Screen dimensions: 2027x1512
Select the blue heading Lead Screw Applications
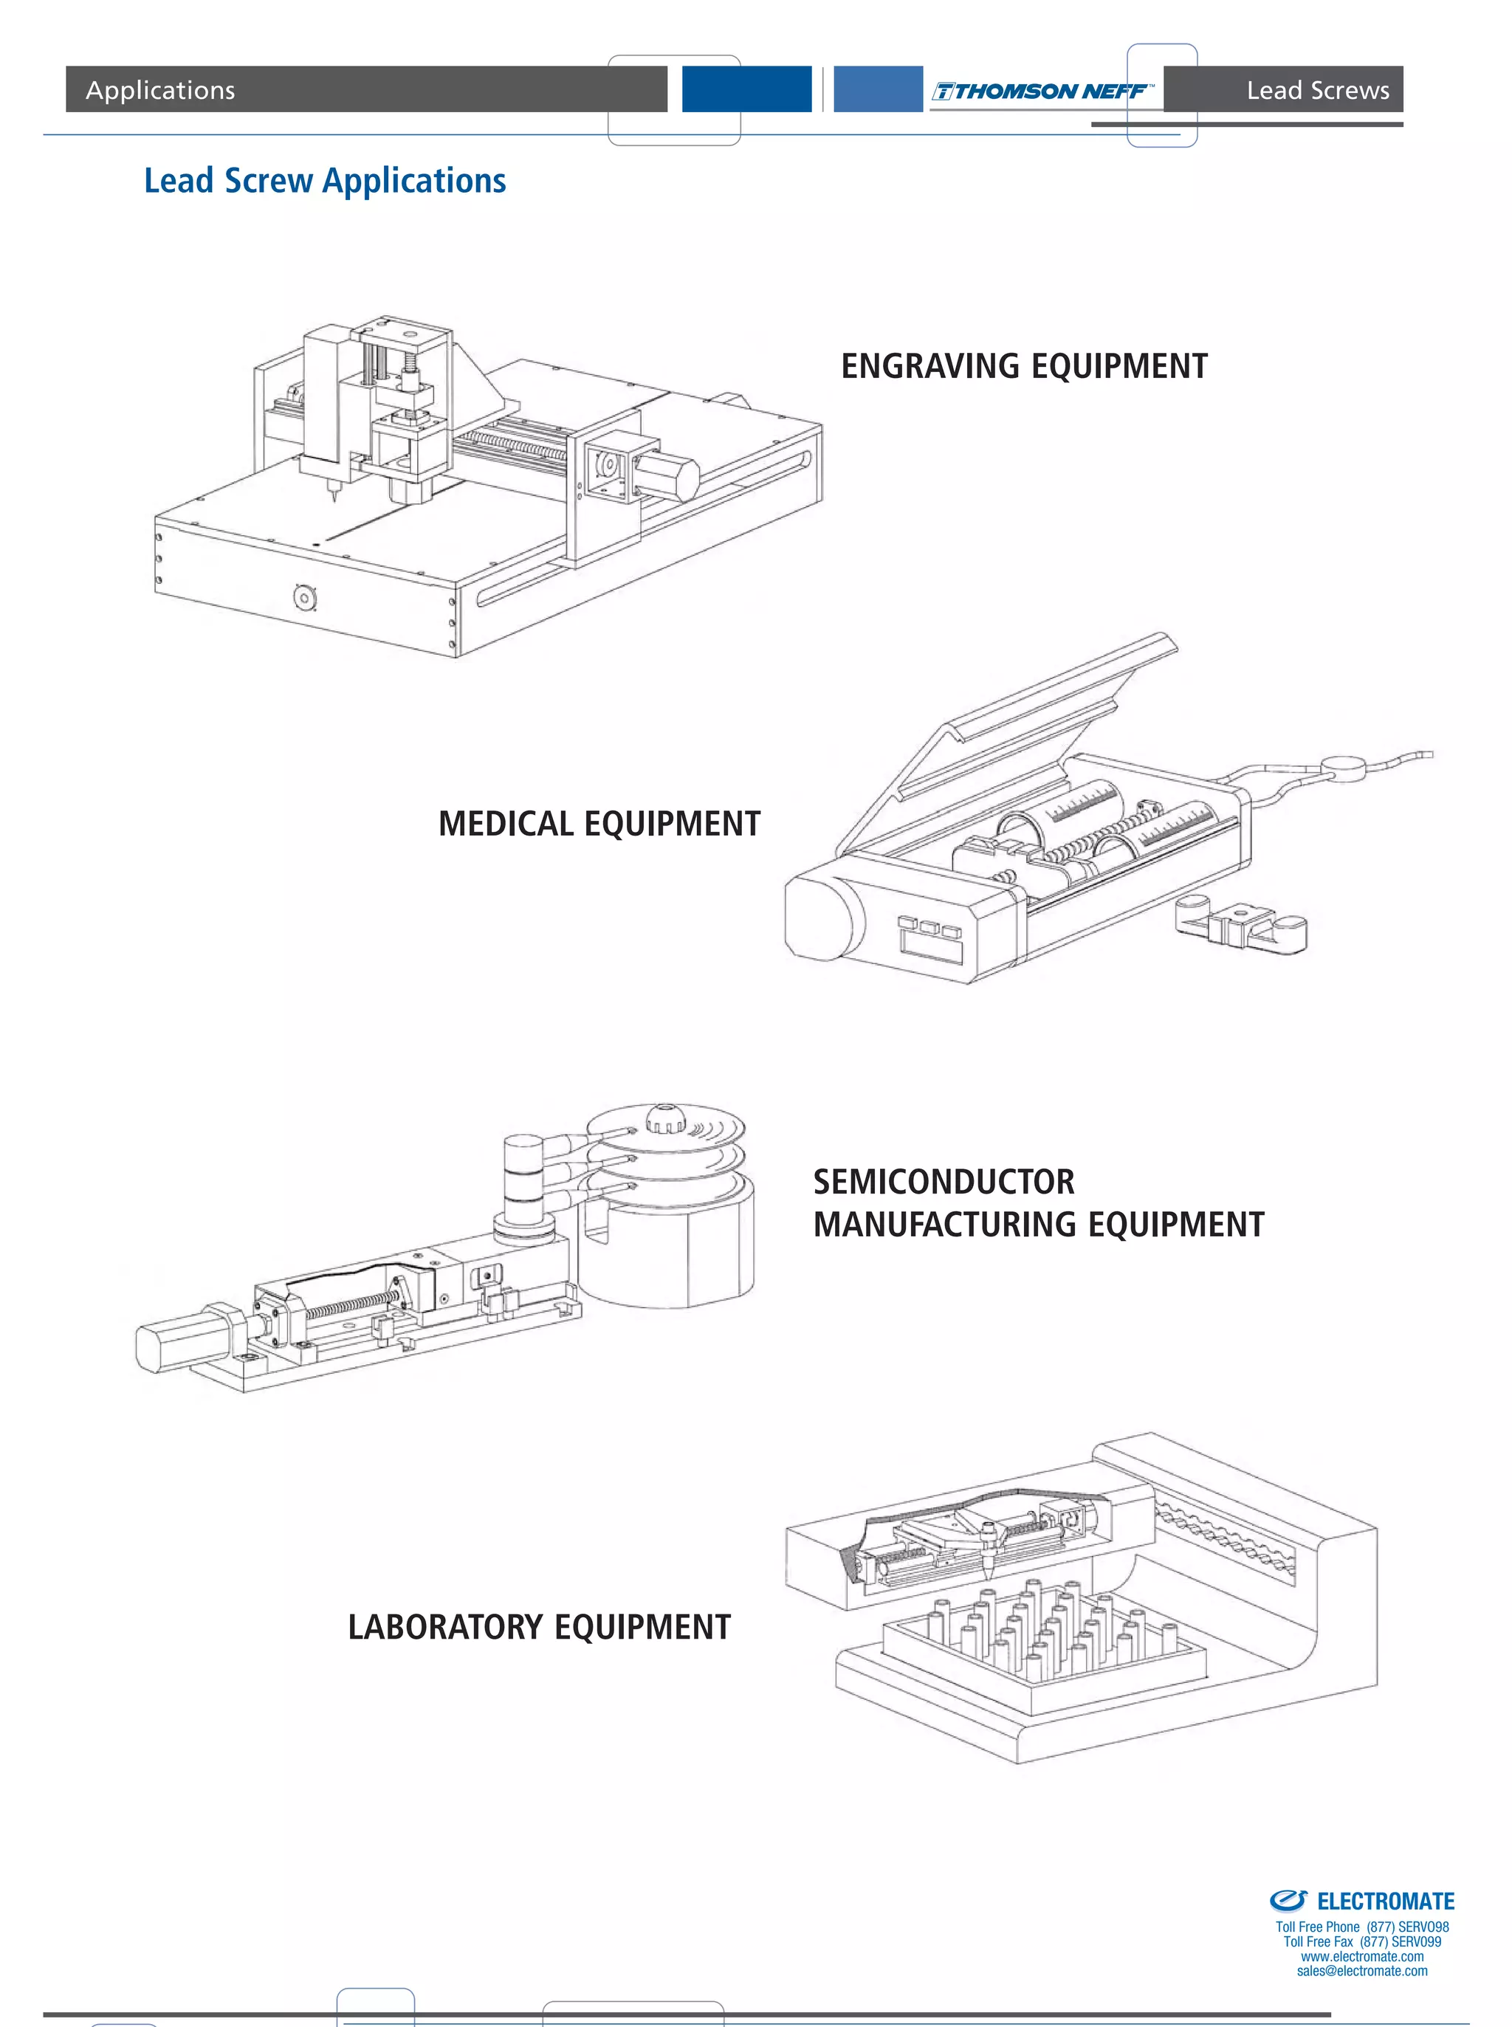tap(325, 180)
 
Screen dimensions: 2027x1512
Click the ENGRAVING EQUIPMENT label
tap(1023, 366)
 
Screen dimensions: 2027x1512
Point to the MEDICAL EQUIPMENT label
tap(599, 824)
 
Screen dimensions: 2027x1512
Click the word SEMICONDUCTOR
tap(943, 1181)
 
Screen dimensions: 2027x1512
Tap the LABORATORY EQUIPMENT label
tap(539, 1627)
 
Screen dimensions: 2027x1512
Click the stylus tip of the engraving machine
tap(334, 499)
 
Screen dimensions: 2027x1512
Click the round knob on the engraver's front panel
tap(305, 599)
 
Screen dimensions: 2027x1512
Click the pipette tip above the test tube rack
tap(989, 1569)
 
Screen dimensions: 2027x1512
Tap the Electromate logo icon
tap(1288, 1901)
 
